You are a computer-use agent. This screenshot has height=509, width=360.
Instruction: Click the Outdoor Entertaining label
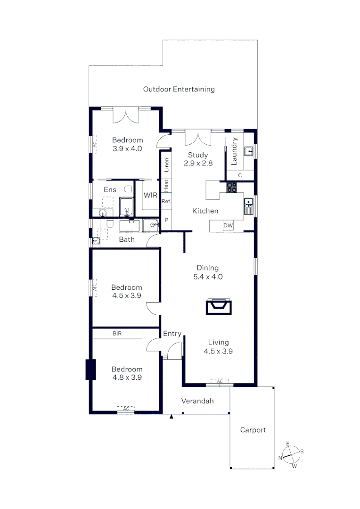point(179,89)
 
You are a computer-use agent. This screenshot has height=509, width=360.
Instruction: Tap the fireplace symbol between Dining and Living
point(219,307)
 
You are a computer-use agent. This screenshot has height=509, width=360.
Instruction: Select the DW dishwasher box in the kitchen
point(228,226)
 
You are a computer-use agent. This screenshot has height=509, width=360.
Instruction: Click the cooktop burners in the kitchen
point(231,187)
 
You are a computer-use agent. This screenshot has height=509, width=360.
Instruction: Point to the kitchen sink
point(249,206)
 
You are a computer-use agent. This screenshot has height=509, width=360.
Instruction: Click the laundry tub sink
point(249,151)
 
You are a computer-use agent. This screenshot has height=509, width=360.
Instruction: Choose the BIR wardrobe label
point(117,333)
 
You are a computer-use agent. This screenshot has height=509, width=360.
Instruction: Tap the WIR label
point(151,195)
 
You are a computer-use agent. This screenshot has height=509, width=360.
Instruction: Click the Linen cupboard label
point(166,165)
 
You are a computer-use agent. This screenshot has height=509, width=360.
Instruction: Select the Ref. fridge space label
point(166,201)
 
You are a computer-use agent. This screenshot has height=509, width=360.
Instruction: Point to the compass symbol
point(291,455)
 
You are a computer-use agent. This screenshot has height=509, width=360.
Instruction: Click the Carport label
point(253,430)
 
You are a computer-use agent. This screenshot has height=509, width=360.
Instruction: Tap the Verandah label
point(197,401)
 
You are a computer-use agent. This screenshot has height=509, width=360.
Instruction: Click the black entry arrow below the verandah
point(172,417)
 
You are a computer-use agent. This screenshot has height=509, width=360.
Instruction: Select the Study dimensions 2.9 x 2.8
point(198,163)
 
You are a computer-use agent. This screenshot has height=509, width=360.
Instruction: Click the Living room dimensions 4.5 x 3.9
point(218,351)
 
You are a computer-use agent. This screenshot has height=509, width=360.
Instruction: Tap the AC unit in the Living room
point(220,381)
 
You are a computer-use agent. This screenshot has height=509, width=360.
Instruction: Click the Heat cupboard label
point(166,186)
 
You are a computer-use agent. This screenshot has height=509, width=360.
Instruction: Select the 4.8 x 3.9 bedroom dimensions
point(127,378)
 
